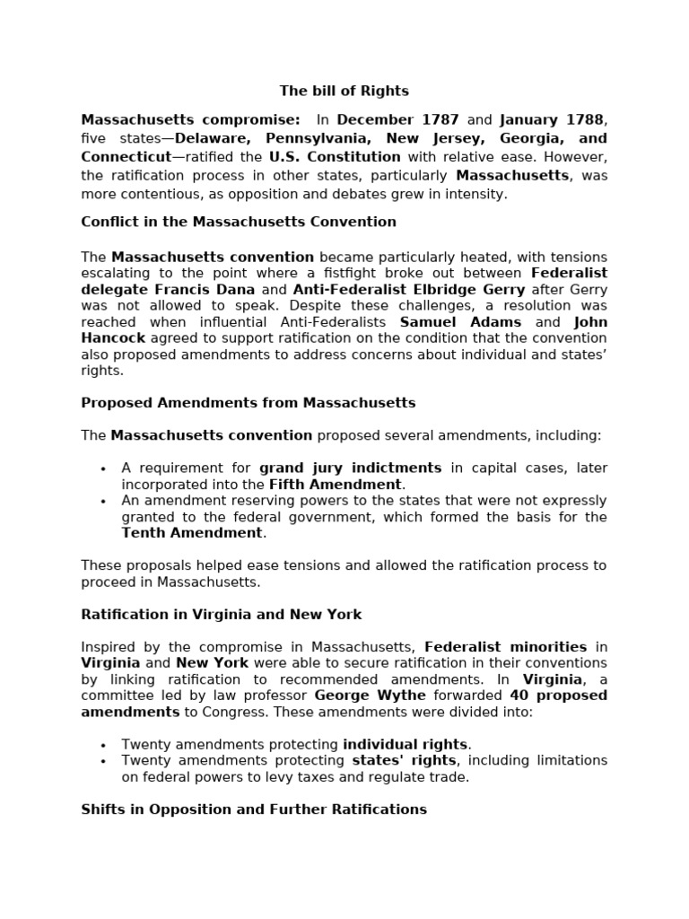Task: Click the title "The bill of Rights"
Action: click(344, 91)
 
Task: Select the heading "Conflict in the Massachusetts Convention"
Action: click(239, 222)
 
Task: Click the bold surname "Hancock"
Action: click(113, 338)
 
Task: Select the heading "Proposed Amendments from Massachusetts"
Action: click(249, 403)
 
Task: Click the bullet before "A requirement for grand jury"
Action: click(103, 469)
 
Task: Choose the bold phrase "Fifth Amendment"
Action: click(336, 485)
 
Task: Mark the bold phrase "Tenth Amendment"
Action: click(192, 533)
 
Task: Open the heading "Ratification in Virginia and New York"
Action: click(222, 615)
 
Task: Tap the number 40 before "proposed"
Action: click(519, 696)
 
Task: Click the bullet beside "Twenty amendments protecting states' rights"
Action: click(103, 762)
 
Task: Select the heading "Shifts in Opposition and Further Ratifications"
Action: click(254, 810)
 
